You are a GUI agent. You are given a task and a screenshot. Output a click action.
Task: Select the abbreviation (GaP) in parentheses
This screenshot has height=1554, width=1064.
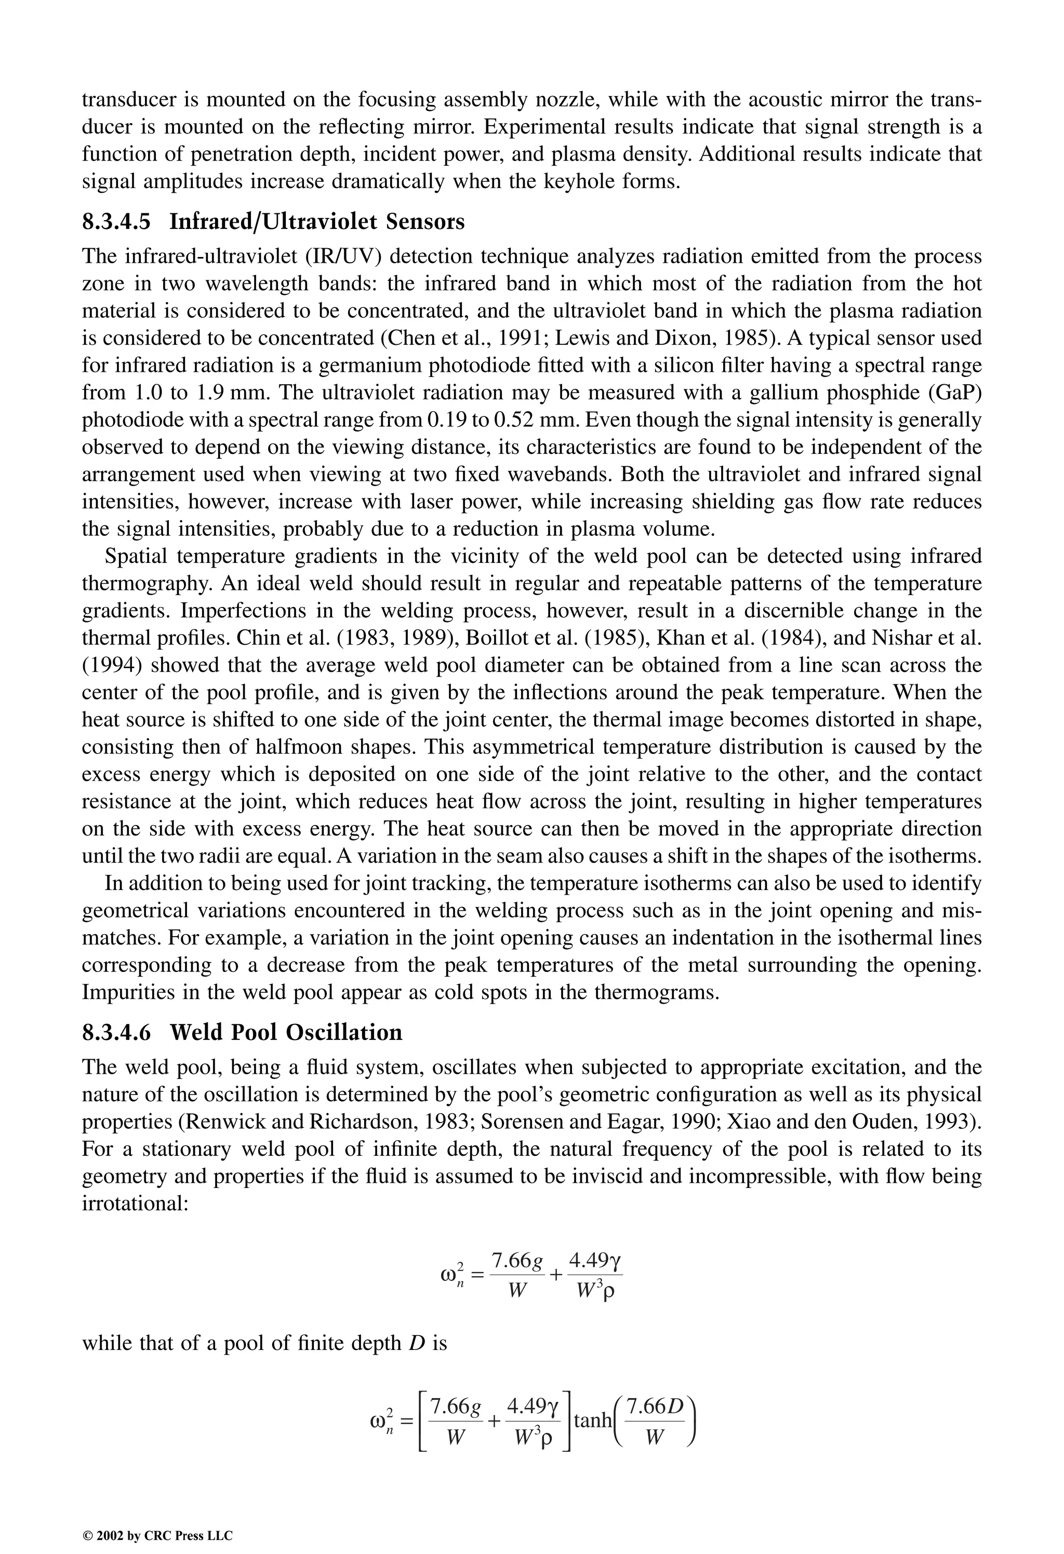pos(955,393)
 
